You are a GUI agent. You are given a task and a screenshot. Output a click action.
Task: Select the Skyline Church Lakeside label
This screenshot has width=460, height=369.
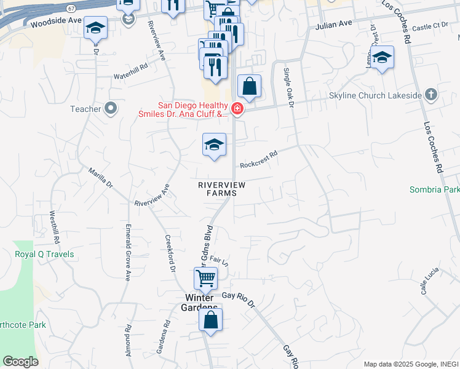(x=383, y=95)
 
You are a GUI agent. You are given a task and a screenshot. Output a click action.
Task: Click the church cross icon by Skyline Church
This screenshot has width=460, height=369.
(x=431, y=95)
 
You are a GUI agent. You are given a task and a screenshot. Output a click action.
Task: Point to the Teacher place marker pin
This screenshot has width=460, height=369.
(x=111, y=109)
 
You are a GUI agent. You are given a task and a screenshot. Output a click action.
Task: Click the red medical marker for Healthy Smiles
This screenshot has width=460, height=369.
(x=237, y=109)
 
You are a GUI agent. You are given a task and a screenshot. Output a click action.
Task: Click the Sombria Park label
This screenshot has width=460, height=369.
(x=434, y=189)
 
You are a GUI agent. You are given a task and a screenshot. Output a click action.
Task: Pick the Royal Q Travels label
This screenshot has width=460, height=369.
(x=44, y=254)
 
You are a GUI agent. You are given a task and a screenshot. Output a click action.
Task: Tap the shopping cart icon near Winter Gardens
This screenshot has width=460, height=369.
(x=205, y=277)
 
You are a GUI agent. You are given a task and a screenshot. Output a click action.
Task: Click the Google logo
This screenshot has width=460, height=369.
(x=20, y=362)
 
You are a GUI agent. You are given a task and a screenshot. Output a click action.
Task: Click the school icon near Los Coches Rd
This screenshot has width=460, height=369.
(x=383, y=58)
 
